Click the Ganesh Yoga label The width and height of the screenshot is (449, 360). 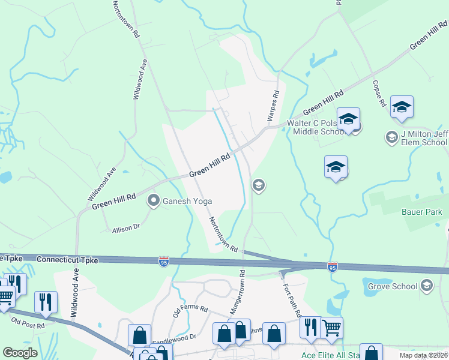[x=188, y=202]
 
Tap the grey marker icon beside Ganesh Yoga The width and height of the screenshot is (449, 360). [x=154, y=200]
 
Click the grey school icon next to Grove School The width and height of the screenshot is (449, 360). [x=427, y=285]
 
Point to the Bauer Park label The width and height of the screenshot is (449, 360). [x=421, y=212]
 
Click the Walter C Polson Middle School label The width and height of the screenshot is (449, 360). [x=315, y=128]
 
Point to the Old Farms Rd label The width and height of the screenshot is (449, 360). [x=190, y=311]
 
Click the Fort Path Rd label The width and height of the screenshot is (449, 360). [x=291, y=297]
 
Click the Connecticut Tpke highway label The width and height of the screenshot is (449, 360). [x=65, y=260]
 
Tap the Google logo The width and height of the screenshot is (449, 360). [x=20, y=353]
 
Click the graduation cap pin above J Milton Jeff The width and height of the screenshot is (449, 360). [x=402, y=107]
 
